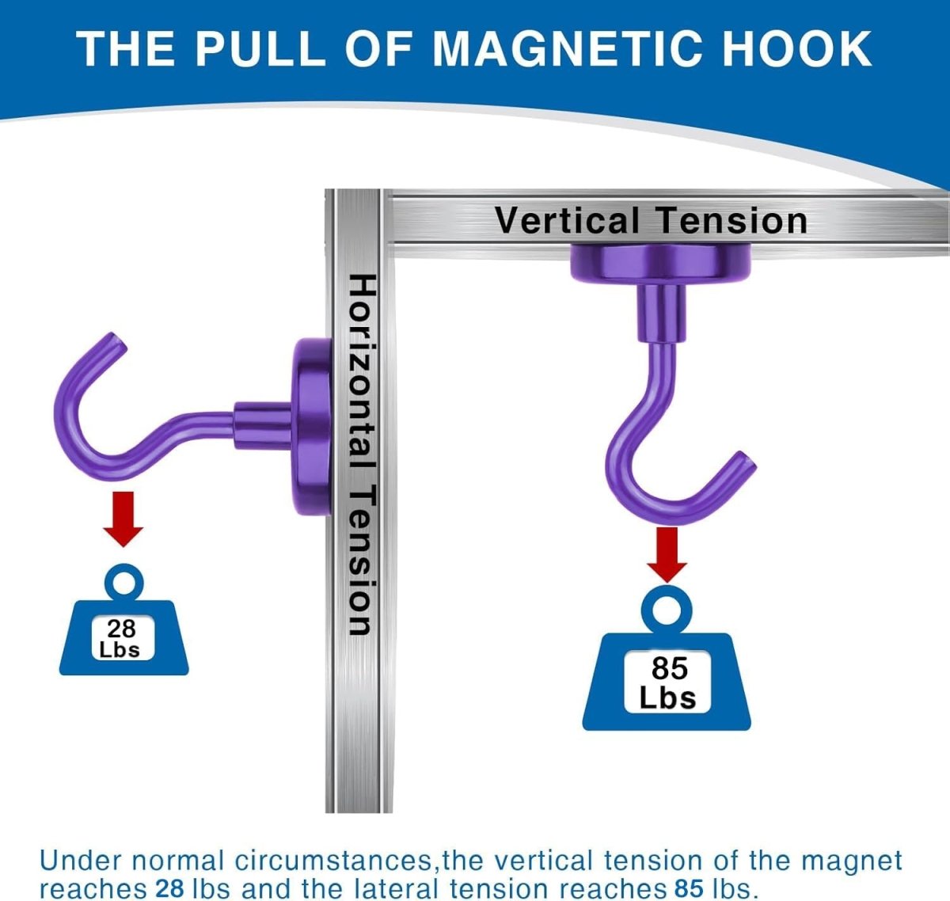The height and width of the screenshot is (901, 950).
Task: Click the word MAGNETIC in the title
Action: point(566,48)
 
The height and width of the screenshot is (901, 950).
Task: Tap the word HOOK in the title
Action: point(798,48)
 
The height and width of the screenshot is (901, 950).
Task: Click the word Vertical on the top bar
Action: point(567,220)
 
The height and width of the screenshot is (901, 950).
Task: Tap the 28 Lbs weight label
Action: point(122,638)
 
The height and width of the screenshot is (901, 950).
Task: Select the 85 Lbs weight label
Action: point(669,682)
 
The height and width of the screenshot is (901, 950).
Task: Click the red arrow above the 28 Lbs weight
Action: point(123,519)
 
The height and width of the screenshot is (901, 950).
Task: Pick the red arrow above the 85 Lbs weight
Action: point(667,555)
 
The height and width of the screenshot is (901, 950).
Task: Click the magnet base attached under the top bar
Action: point(661,264)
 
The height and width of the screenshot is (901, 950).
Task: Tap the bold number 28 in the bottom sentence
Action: point(169,888)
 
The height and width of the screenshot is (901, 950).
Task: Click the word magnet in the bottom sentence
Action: point(851,861)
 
